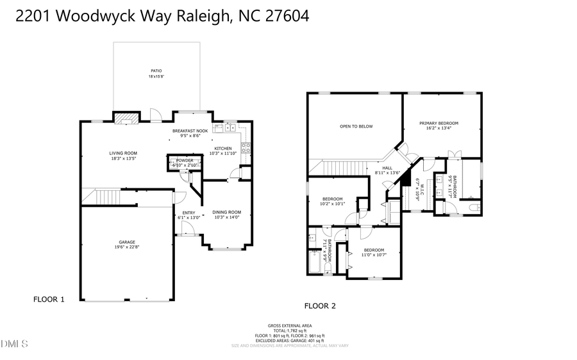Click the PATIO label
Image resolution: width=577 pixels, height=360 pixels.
[x=156, y=71]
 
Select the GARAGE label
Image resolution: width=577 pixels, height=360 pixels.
[x=126, y=242]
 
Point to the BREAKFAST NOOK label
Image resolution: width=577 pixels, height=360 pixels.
[x=190, y=131]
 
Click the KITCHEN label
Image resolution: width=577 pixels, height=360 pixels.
[x=223, y=149]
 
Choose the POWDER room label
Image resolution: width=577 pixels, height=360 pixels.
[x=185, y=160]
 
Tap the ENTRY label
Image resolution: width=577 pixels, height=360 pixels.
[x=188, y=213]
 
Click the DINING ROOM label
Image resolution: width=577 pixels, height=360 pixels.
[x=226, y=212]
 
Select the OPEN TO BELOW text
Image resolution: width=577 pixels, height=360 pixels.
[x=356, y=126]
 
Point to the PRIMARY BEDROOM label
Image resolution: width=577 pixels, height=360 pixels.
[x=439, y=123]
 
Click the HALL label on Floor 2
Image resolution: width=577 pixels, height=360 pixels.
[x=387, y=168]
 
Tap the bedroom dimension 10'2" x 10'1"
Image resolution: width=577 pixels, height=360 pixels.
[x=332, y=204]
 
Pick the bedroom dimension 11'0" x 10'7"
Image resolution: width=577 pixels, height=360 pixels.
[x=374, y=255]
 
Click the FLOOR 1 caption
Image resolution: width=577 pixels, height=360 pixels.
[x=49, y=299]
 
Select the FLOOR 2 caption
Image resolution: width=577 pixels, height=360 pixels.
[x=320, y=306]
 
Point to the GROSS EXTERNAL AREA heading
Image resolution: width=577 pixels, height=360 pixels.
[x=290, y=325]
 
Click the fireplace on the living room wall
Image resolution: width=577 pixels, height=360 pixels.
[x=125, y=117]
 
